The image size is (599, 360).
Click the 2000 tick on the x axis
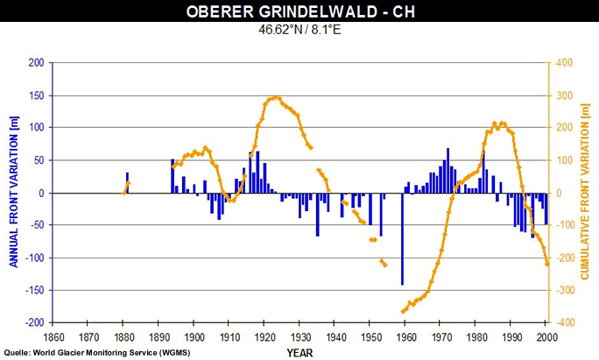coord(546,336)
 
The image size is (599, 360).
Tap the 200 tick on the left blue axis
coord(36,63)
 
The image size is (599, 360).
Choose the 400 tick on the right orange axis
coord(565,63)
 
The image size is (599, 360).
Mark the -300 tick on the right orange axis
coord(567,290)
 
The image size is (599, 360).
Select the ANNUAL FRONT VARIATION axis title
coord(13,193)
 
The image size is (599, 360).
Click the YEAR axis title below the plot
coord(299,352)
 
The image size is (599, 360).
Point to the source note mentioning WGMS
coord(96,352)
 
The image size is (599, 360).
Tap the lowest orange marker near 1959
coord(402,311)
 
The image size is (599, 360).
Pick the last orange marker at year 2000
coord(546,264)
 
